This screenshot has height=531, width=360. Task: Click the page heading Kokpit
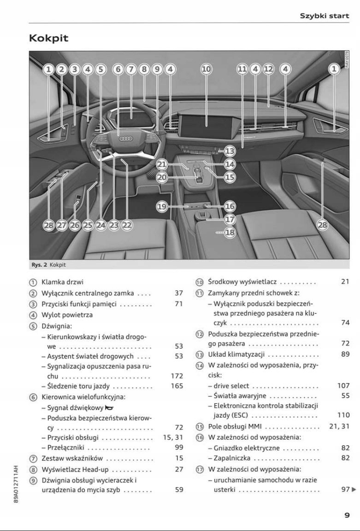[48, 38]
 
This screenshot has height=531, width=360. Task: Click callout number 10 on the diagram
[206, 70]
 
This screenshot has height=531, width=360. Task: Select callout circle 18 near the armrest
[230, 233]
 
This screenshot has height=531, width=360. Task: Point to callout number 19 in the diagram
[161, 207]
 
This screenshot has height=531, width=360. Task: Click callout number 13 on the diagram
[230, 151]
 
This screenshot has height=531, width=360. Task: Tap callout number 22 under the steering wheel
[127, 225]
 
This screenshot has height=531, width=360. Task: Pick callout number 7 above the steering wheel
[131, 70]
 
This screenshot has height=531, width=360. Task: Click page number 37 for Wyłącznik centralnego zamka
[179, 293]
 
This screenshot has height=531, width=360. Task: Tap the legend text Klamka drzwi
[62, 282]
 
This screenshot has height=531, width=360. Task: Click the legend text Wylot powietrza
[67, 315]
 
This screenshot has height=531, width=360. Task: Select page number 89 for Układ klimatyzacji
[345, 354]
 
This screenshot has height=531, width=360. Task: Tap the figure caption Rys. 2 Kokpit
[48, 265]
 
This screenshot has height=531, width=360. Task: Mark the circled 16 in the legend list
[200, 437]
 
